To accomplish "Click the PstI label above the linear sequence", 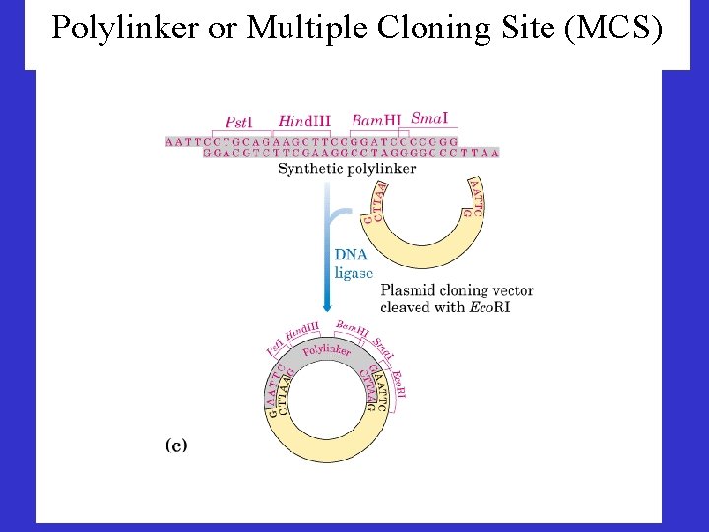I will pyautogui.click(x=238, y=123).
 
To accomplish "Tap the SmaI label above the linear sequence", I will pyautogui.click(x=428, y=119).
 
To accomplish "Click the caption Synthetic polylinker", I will pyautogui.click(x=347, y=168).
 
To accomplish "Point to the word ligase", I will pyautogui.click(x=354, y=272).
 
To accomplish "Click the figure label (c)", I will pyautogui.click(x=174, y=445).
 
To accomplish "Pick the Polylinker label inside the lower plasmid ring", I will pyautogui.click(x=326, y=351).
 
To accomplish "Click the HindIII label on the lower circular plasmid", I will pyautogui.click(x=303, y=333).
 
